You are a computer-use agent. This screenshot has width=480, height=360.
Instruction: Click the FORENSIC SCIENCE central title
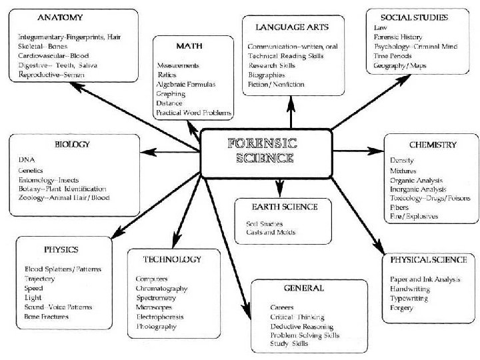[263, 151]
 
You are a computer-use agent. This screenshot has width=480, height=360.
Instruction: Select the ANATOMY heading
[60, 17]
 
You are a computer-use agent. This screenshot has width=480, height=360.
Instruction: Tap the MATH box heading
[189, 46]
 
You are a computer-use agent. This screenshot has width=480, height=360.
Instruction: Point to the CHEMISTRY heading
[433, 145]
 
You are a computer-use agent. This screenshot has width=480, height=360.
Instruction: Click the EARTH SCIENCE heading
[285, 207]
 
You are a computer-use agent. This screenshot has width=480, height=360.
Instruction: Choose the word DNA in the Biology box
[27, 160]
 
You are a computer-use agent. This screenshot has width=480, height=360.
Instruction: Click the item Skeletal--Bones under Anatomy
[43, 47]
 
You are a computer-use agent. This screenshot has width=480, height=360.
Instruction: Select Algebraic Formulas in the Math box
[186, 85]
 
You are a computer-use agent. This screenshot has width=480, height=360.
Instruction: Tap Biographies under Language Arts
[267, 75]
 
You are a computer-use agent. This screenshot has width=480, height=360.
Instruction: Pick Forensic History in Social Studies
[397, 37]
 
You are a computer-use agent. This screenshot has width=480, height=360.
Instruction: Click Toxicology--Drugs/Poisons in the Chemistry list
[430, 199]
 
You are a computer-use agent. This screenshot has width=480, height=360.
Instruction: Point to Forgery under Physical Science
[401, 308]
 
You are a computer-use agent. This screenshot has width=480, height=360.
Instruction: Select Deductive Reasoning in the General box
[302, 327]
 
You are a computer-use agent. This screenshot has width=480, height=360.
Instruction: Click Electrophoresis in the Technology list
[160, 317]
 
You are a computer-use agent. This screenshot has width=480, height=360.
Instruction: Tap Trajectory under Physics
[39, 279]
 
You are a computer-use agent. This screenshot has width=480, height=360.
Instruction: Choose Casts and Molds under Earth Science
[271, 233]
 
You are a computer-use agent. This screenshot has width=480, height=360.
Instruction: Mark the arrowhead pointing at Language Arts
[291, 104]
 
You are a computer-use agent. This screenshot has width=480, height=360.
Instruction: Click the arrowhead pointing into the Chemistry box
[375, 151]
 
